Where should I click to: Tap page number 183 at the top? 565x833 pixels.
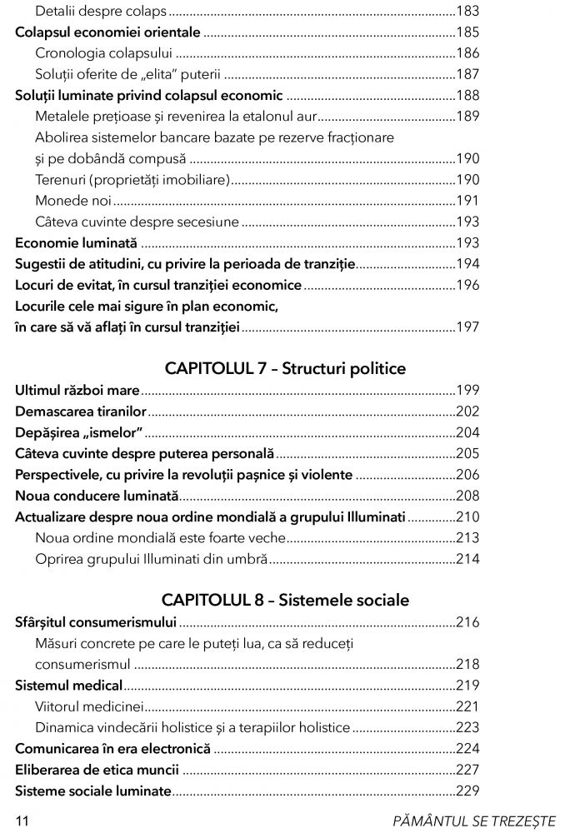click(x=467, y=12)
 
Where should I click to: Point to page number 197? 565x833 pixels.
click(x=467, y=327)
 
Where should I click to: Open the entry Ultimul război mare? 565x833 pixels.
click(x=77, y=390)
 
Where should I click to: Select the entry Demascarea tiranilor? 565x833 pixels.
click(x=81, y=412)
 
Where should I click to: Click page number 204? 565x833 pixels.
click(x=467, y=433)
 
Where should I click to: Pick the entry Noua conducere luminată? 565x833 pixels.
click(x=97, y=496)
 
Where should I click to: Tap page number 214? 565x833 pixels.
click(x=467, y=559)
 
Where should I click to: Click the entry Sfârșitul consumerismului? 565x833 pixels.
click(x=96, y=622)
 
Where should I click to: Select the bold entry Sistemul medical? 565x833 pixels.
click(x=69, y=686)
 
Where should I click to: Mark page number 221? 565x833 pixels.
click(x=467, y=706)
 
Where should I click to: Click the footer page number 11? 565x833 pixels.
click(x=22, y=821)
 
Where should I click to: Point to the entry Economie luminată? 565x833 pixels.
click(x=76, y=243)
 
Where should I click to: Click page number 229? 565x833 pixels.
click(x=467, y=791)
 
